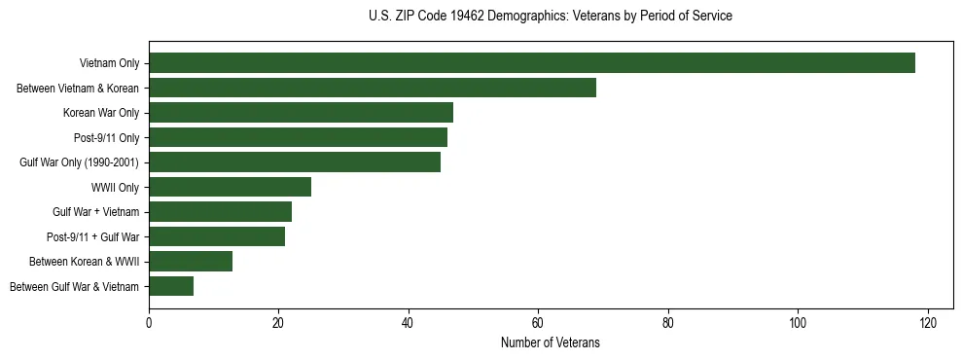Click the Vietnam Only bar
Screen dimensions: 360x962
[x=532, y=63]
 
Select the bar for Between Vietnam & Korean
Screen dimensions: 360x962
[x=373, y=88]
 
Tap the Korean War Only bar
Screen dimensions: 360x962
[x=302, y=113]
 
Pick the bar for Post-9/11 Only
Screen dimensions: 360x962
[x=298, y=137]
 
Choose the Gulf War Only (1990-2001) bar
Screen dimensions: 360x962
[x=295, y=162]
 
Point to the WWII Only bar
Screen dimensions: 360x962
[x=230, y=187]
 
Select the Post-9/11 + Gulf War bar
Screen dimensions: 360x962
[x=217, y=236]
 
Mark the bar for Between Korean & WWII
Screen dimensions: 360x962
[x=191, y=261]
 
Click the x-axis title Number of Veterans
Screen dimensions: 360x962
[x=551, y=342]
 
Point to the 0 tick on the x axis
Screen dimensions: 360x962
[x=149, y=323]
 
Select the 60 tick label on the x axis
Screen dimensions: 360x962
[x=538, y=323]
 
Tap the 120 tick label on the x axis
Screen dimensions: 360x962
[x=927, y=323]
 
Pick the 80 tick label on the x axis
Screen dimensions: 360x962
[x=668, y=323]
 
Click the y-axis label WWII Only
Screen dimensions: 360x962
[x=115, y=187]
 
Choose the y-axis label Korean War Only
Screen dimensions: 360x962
[x=101, y=113]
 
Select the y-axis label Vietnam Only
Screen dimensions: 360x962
[x=108, y=63]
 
